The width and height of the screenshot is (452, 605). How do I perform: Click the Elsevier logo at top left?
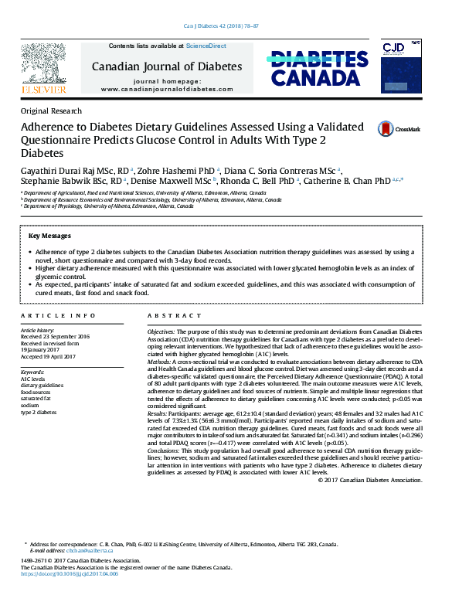pyautogui.click(x=45, y=68)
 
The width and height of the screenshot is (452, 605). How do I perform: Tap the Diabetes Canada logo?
pyautogui.click(x=318, y=68)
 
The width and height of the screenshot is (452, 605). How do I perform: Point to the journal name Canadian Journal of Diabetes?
pyautogui.click(x=167, y=66)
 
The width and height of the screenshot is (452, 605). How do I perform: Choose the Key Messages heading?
pyautogui.click(x=49, y=236)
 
